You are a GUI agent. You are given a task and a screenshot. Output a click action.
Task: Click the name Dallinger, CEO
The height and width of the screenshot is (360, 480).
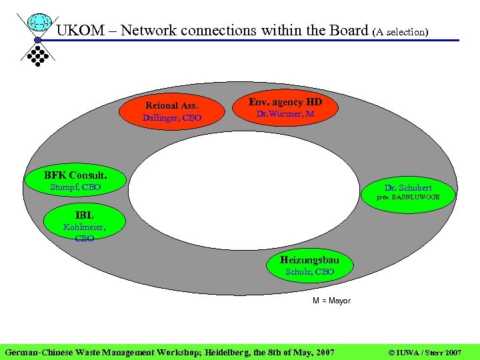click(172, 118)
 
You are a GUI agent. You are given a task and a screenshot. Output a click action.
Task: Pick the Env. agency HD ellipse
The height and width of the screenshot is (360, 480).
click(285, 107)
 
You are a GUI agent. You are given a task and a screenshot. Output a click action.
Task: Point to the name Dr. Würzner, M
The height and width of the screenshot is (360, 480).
click(285, 114)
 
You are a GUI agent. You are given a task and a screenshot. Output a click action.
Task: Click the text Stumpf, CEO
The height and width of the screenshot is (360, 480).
click(75, 187)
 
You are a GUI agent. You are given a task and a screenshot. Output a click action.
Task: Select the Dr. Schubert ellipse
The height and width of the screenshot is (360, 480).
click(407, 191)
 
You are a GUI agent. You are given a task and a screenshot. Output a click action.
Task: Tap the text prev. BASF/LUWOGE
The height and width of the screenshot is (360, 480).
click(407, 198)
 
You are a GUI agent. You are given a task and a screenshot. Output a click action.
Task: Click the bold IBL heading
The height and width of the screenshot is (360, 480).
click(85, 215)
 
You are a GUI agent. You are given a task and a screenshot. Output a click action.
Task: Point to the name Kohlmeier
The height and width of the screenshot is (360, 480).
click(84, 227)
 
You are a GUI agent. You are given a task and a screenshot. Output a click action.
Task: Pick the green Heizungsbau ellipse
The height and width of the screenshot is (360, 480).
click(309, 265)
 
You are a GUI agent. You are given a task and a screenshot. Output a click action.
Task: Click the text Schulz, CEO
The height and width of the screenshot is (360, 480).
click(309, 272)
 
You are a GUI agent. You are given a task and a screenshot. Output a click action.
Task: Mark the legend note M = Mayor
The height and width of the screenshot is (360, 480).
click(331, 301)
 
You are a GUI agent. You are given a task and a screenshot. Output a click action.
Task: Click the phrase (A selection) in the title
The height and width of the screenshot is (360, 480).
click(401, 31)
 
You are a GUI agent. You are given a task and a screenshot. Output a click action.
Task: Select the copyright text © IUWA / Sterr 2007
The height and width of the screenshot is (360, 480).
click(424, 351)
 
